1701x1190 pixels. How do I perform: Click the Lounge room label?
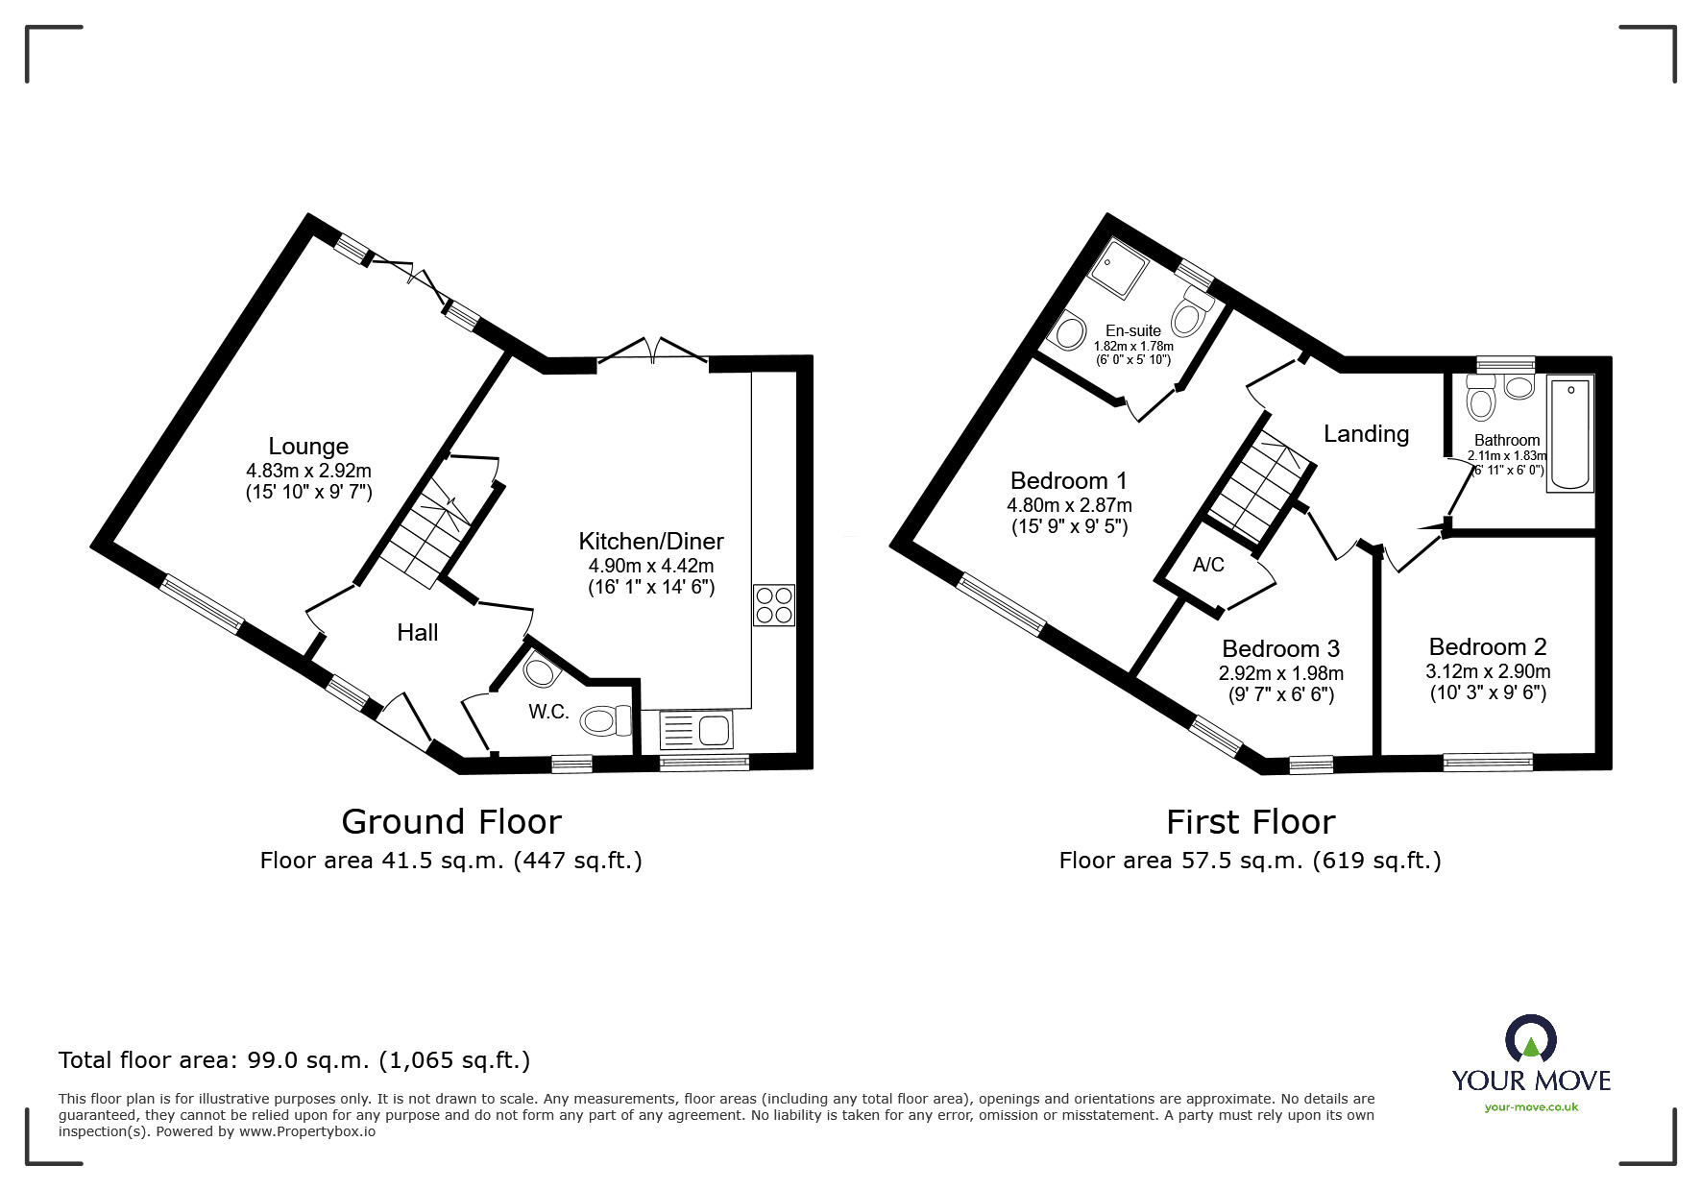(x=308, y=447)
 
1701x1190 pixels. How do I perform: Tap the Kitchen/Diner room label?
(x=650, y=541)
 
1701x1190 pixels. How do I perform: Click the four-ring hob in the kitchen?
(x=774, y=605)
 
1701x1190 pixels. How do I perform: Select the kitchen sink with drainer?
(x=695, y=730)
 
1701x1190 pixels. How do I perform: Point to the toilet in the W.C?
(x=605, y=720)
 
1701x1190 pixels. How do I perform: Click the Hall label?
(x=417, y=632)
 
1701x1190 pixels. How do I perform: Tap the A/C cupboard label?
(x=1208, y=565)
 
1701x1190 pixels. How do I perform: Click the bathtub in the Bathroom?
(x=1569, y=434)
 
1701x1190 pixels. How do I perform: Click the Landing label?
(x=1366, y=434)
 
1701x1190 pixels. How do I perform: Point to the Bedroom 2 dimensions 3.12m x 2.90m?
(x=1487, y=671)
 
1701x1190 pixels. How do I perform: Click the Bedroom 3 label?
(x=1280, y=648)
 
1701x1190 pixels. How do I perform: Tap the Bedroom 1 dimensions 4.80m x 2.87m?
(x=1069, y=505)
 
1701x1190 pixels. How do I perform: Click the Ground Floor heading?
(x=450, y=822)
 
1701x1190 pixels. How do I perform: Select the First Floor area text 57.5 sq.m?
(x=1250, y=861)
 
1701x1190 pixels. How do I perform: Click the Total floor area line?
(x=294, y=1060)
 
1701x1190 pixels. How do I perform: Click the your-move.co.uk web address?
(x=1531, y=1107)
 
